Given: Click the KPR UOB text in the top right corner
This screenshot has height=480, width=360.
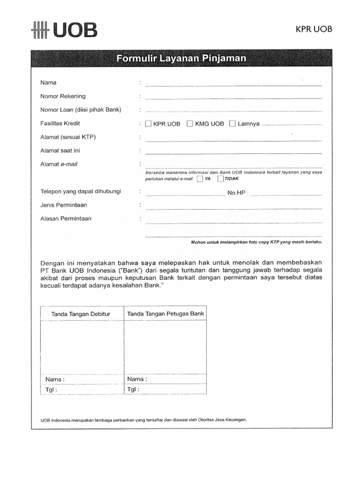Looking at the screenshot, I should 314,29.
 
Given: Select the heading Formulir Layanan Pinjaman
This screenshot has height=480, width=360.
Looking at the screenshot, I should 180,59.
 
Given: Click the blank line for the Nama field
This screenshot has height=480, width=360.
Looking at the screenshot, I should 233,84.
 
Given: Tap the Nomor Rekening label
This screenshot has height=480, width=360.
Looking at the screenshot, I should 63,96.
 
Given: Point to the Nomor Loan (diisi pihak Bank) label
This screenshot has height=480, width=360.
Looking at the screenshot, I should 81,110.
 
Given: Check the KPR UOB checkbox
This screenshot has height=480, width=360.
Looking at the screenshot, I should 149,124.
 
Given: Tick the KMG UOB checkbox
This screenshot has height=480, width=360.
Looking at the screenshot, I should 190,124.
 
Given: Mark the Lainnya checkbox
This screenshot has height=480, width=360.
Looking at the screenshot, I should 232,124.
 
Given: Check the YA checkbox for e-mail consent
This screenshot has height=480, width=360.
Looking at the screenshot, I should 200,179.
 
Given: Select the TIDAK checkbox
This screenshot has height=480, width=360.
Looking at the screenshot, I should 221,179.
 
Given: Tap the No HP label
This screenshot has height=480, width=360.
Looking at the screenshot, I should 238,193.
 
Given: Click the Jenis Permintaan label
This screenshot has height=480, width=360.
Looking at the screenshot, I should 64,205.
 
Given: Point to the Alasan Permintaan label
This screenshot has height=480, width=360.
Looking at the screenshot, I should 66,218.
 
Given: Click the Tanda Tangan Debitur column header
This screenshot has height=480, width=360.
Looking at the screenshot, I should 81,314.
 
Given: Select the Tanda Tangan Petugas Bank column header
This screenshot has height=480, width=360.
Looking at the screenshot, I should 165,314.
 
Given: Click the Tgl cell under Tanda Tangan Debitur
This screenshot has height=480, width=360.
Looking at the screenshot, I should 82,390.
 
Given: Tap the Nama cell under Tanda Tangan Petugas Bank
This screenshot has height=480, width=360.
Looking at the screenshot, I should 165,379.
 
